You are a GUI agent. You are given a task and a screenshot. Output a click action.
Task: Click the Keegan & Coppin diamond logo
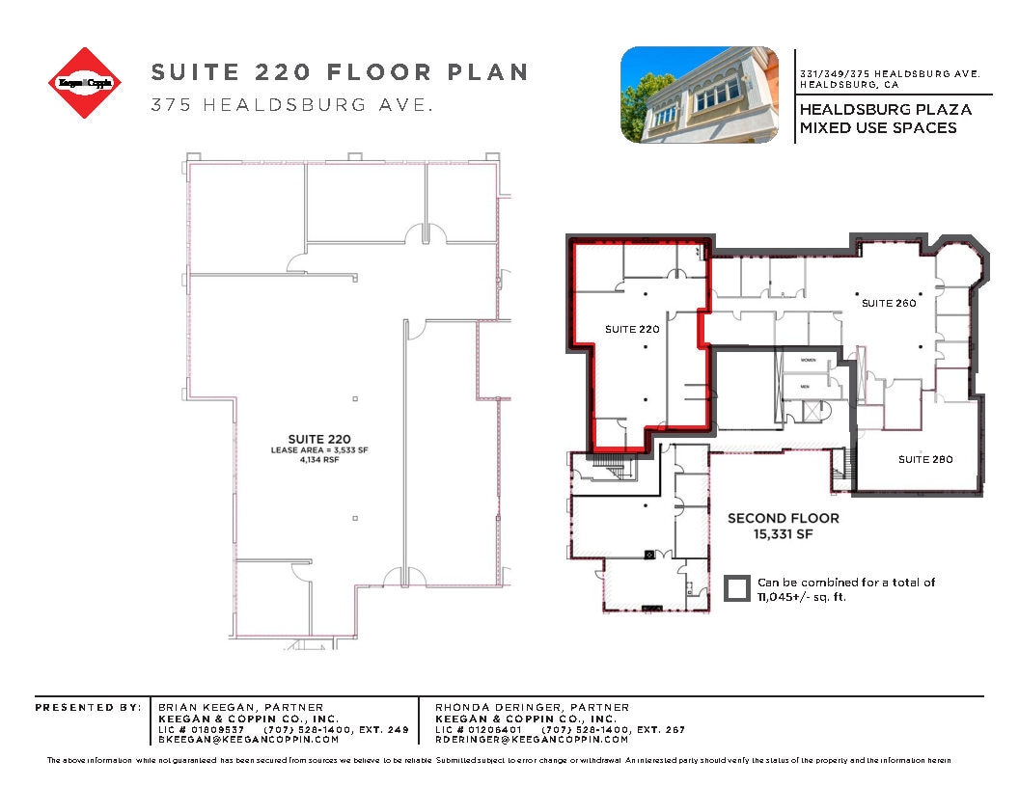point(86,83)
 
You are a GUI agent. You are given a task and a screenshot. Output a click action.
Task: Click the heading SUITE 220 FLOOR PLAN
point(340,72)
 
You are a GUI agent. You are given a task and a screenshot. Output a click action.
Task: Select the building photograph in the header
point(700,95)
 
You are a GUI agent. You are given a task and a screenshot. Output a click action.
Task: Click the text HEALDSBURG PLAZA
point(885,109)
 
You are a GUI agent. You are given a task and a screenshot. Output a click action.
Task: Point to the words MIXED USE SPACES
point(878,127)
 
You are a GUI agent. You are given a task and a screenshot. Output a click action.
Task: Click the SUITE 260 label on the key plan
point(888,303)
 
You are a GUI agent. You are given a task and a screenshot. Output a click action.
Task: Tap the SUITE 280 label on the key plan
point(925,459)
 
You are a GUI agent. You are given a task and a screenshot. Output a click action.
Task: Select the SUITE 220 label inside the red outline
point(632,329)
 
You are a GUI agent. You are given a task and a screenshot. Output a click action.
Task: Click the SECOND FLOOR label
point(783,518)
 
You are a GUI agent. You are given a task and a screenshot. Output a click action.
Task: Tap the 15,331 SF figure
point(783,533)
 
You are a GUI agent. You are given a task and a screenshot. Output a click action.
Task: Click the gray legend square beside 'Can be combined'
point(738,588)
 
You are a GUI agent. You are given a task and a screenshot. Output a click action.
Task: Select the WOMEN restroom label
point(808,360)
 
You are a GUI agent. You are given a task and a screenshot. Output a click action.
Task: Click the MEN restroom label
point(803,387)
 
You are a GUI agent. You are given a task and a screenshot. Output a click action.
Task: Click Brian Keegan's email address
point(248,740)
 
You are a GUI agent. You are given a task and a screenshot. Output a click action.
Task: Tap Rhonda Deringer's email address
point(532,740)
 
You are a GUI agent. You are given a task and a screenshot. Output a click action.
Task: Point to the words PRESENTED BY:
point(88,707)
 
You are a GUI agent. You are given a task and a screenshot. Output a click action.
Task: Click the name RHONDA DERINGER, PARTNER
point(532,707)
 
